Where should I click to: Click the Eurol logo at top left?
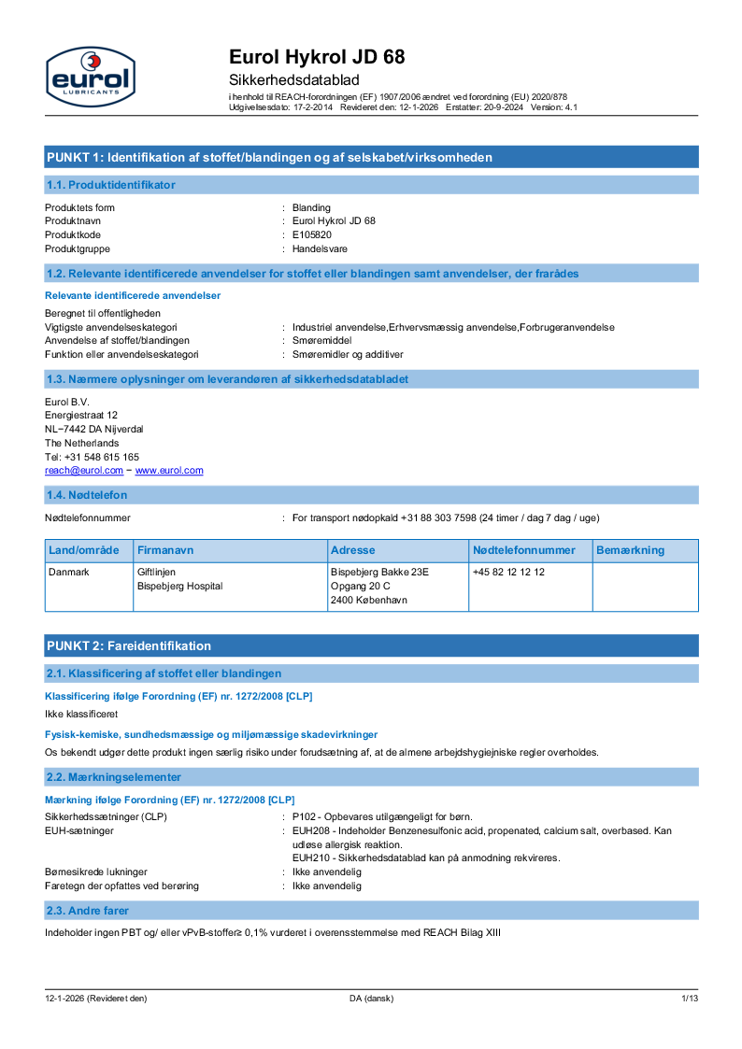[x=90, y=77]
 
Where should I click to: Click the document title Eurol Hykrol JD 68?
[x=317, y=58]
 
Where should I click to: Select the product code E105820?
[x=312, y=234]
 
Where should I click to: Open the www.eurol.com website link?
[x=169, y=471]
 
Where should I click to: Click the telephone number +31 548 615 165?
[x=93, y=457]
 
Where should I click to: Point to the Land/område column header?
[x=84, y=550]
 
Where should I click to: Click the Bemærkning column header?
[x=630, y=550]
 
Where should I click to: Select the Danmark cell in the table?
[x=69, y=572]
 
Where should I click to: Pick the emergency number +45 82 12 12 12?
[x=508, y=572]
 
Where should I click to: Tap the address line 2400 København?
[x=369, y=601]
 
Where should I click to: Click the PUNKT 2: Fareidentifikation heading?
[x=129, y=645]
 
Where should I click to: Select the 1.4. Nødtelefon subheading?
[x=87, y=495]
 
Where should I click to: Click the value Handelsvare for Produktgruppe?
[x=321, y=248]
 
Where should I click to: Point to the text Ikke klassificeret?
[x=81, y=714]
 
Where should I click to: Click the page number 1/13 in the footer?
[x=689, y=999]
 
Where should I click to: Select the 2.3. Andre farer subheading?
[x=88, y=910]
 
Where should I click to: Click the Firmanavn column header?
[x=165, y=550]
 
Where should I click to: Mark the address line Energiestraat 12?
[x=81, y=415]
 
